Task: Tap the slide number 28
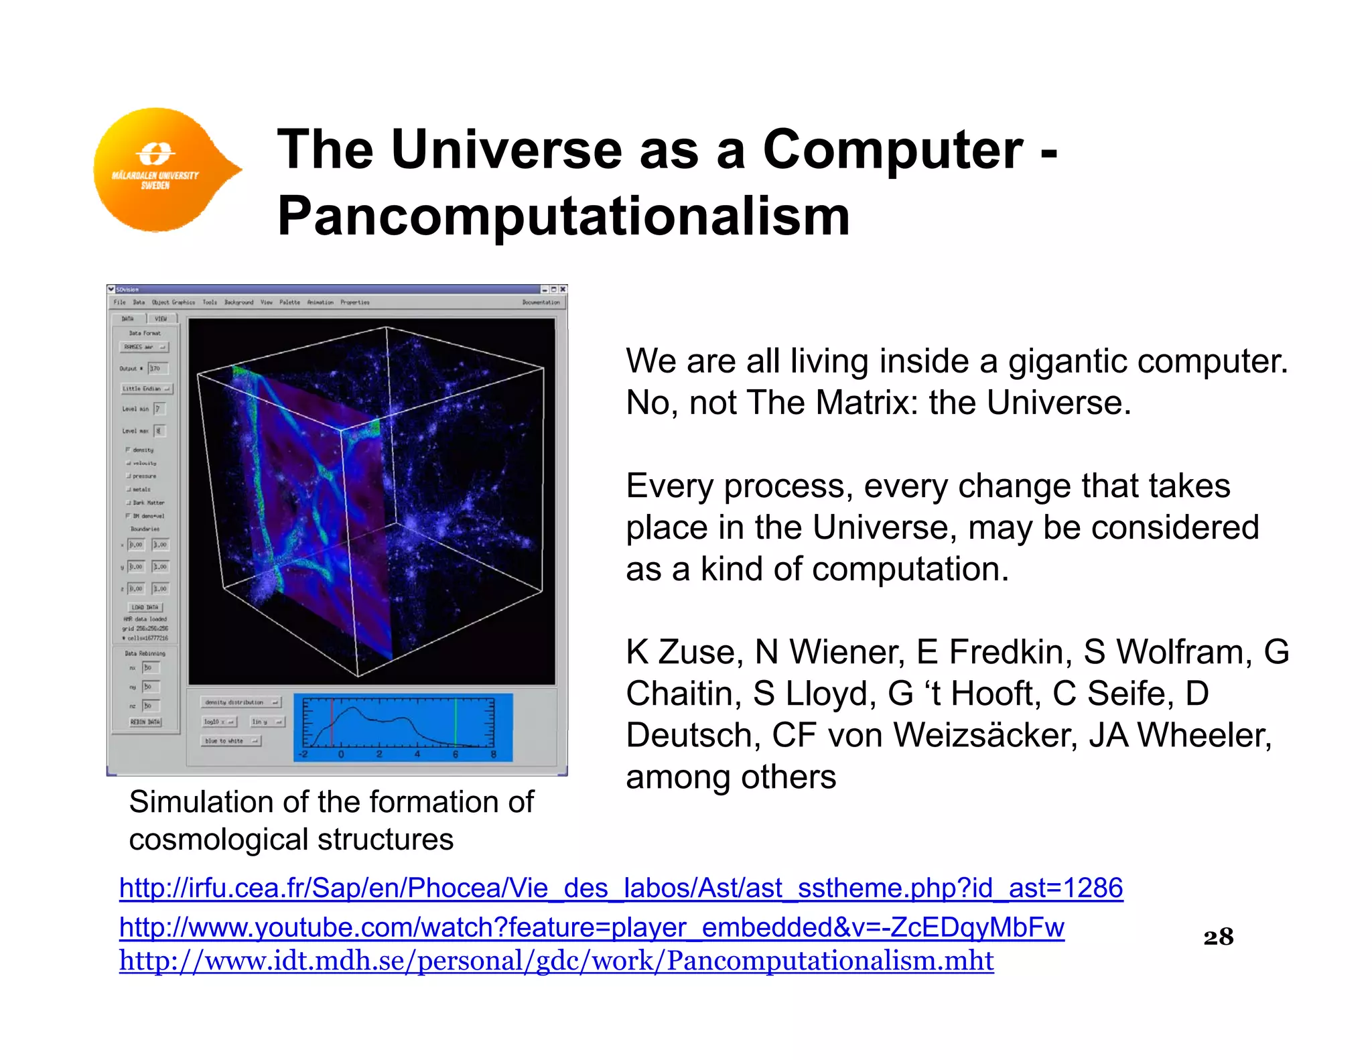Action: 1218,937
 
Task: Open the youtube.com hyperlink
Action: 591,927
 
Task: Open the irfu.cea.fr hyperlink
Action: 620,888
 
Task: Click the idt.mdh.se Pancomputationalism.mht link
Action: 556,961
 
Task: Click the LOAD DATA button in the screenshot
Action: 145,607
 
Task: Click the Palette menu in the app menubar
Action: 289,302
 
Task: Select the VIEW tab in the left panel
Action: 161,319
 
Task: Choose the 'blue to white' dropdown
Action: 231,741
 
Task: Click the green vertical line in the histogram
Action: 456,722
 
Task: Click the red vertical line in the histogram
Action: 332,722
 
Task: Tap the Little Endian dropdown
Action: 147,389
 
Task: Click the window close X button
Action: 563,289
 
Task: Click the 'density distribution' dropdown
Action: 241,702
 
